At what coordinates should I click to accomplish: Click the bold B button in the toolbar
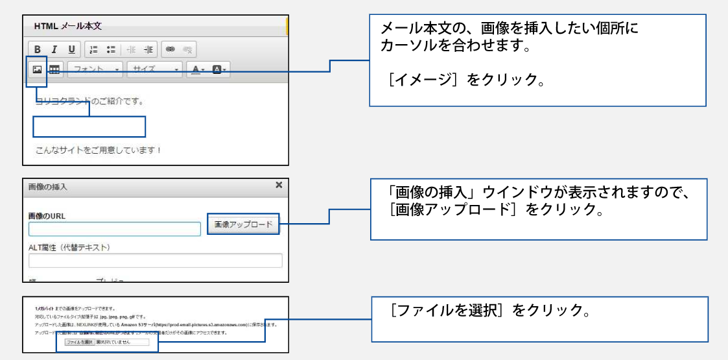click(x=38, y=49)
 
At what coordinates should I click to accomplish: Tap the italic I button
click(x=54, y=49)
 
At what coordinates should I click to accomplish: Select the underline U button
click(x=71, y=49)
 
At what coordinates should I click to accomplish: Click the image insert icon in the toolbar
click(x=38, y=69)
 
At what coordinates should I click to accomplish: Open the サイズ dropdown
click(x=154, y=69)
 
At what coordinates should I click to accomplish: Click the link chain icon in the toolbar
click(x=170, y=49)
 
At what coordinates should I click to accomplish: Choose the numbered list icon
click(x=93, y=49)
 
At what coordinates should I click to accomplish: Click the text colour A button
click(x=196, y=69)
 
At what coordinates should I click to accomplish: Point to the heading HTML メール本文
click(x=68, y=27)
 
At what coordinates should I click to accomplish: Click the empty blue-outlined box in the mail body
click(x=89, y=126)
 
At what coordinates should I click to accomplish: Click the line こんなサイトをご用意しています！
click(x=98, y=150)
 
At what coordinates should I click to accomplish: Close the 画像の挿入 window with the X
click(x=279, y=186)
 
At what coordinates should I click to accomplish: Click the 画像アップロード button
click(x=243, y=224)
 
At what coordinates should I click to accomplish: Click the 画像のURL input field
click(x=115, y=229)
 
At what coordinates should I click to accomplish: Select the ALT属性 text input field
click(x=156, y=261)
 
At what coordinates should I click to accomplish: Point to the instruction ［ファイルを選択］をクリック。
click(x=490, y=311)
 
